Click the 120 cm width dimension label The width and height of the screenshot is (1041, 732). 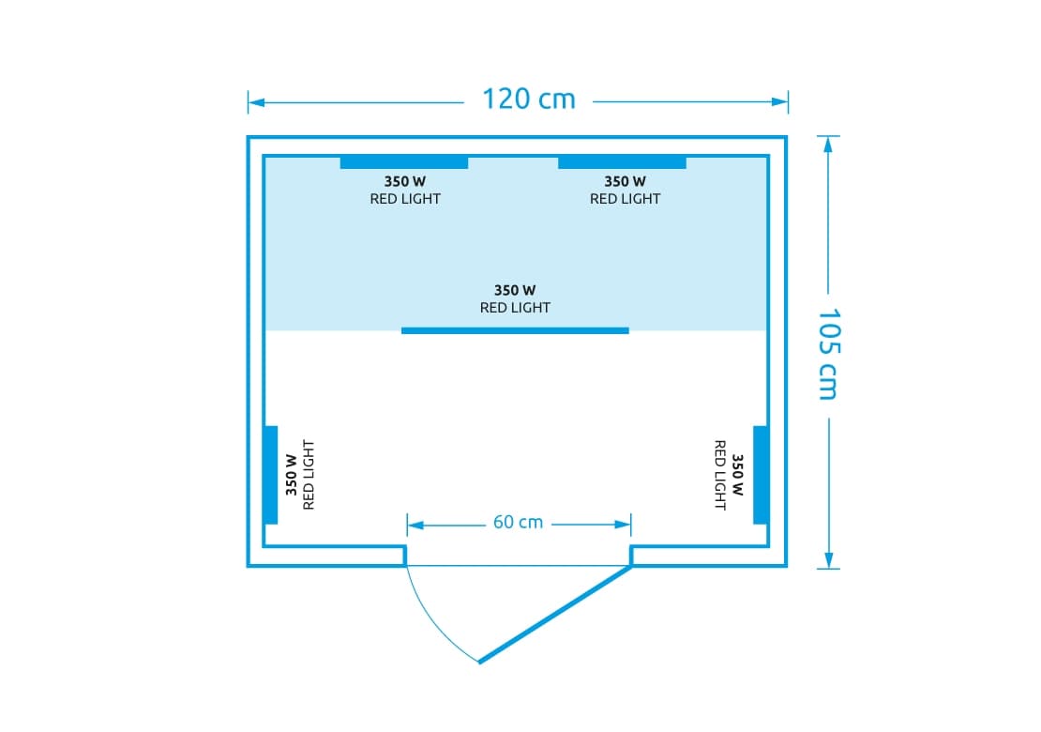coord(528,99)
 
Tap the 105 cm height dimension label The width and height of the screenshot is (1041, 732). coord(828,354)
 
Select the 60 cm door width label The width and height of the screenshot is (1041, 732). coord(518,522)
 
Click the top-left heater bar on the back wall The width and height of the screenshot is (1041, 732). coord(403,162)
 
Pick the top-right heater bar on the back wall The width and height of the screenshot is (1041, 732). coord(622,162)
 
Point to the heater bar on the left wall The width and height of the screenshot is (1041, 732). coord(271,475)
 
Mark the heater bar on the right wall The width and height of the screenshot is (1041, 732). coord(761,475)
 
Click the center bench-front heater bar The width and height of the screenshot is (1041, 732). coord(515,330)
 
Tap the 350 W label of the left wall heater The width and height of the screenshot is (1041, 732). coord(292,475)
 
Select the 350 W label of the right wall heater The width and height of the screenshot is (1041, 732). coord(737,475)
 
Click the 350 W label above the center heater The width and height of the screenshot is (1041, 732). coord(515,290)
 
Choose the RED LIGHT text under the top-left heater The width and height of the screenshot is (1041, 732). coord(405,199)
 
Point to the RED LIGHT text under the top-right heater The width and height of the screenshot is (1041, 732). coord(625,199)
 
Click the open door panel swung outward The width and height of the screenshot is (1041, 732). coord(555,614)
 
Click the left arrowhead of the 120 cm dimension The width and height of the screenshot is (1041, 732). coord(256,102)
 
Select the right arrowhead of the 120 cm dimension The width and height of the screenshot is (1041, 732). coord(779,101)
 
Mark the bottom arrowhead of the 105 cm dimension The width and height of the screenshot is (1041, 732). coord(828,559)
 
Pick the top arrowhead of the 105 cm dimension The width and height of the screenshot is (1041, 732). coord(828,145)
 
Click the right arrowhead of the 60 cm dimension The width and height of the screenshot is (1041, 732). coord(623,525)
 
